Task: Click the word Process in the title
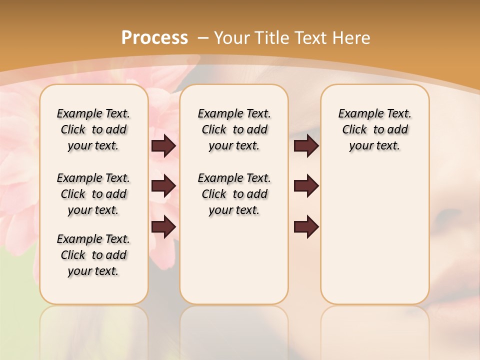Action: tap(154, 37)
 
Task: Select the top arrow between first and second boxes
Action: tap(163, 145)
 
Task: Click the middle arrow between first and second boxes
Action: tap(163, 186)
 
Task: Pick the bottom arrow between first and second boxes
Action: tap(163, 226)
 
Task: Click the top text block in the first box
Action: tap(93, 129)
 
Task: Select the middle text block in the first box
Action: tap(93, 194)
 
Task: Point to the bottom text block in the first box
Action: tap(93, 255)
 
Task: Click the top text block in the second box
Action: tap(234, 129)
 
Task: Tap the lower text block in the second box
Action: tap(234, 194)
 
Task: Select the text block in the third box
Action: tap(374, 129)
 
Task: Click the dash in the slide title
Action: tap(203, 38)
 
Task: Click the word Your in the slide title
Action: tap(232, 37)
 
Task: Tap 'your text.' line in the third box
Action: tap(374, 145)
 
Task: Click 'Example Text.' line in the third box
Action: tap(374, 113)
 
